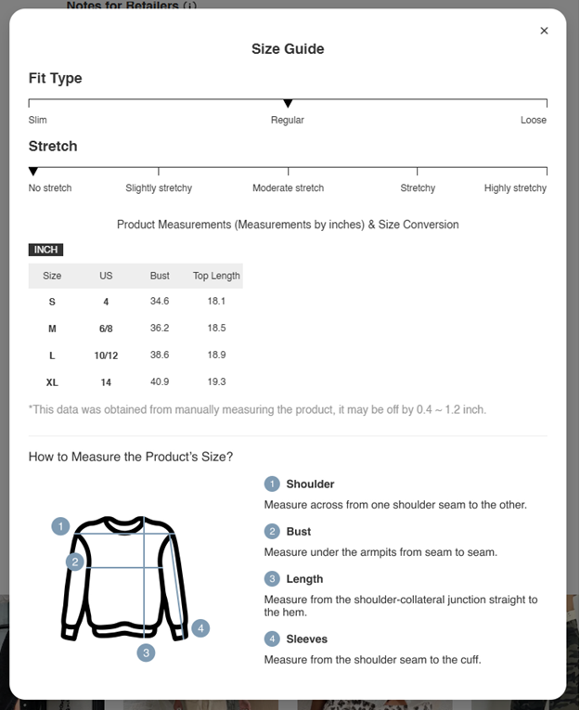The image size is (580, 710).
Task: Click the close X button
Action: (544, 31)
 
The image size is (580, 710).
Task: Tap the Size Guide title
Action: (288, 49)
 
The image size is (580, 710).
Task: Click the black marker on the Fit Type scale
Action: (288, 103)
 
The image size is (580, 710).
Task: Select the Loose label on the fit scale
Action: (533, 120)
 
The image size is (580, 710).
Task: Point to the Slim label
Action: (38, 120)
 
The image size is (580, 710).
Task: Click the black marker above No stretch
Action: (33, 172)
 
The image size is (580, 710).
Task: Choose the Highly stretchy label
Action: (515, 187)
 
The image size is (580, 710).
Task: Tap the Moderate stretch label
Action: (288, 187)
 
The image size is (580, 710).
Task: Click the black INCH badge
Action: (45, 250)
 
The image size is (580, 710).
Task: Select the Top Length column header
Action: (216, 276)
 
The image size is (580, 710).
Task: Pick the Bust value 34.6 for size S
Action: (160, 302)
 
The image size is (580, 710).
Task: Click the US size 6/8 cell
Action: (106, 329)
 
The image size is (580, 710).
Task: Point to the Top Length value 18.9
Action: (216, 355)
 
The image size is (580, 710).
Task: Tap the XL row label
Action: (52, 382)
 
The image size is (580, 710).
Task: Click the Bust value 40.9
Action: (160, 382)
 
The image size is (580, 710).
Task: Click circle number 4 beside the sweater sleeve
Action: (200, 628)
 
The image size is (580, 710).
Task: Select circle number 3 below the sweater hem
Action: (146, 652)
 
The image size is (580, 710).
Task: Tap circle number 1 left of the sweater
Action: (60, 526)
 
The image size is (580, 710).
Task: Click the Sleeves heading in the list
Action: (306, 639)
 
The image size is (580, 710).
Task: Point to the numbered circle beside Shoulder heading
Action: (272, 484)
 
